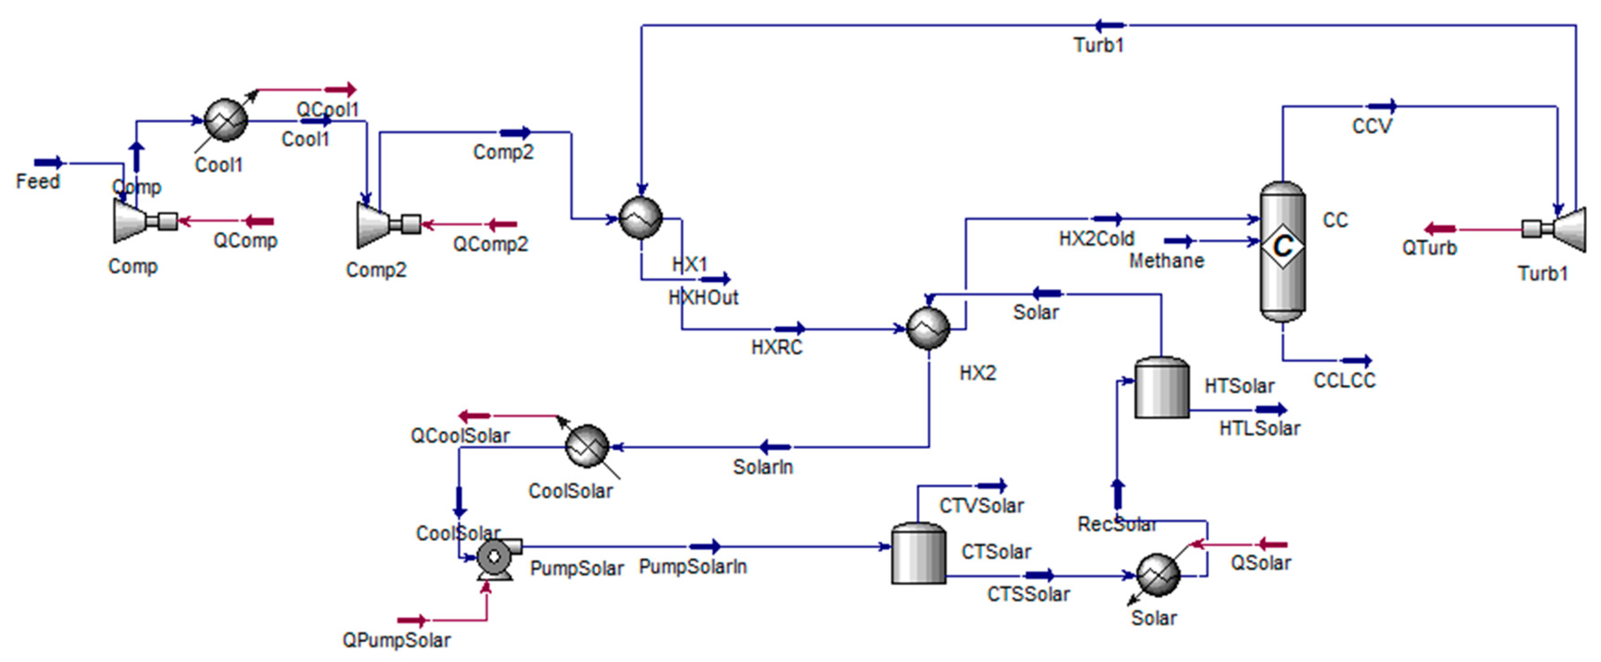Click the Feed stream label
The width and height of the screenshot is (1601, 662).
click(x=37, y=182)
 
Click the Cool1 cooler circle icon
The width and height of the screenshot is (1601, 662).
click(x=226, y=121)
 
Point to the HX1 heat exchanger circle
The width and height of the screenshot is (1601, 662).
click(x=641, y=218)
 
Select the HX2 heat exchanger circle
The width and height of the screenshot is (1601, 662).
click(x=928, y=328)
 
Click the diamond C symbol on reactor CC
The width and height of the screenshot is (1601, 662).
click(x=1282, y=247)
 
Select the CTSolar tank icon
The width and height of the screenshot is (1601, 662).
click(x=918, y=554)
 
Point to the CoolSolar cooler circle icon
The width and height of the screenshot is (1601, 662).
click(x=587, y=446)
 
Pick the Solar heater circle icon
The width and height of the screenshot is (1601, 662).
click(x=1157, y=575)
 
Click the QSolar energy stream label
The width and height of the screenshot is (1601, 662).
click(x=1260, y=563)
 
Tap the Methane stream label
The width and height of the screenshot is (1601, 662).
click(x=1166, y=261)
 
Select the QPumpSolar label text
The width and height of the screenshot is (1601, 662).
click(x=396, y=640)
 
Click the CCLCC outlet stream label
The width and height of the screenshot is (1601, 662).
click(x=1344, y=381)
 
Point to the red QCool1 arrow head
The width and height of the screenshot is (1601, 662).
click(x=349, y=89)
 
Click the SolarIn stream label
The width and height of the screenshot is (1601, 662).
click(x=763, y=467)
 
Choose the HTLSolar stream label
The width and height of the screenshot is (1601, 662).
click(x=1259, y=429)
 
